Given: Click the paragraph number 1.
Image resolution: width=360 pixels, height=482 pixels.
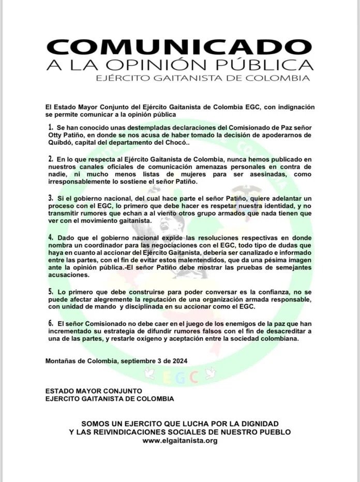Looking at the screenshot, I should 51,127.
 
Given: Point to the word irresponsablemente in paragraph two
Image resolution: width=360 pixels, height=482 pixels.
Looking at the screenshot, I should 85,183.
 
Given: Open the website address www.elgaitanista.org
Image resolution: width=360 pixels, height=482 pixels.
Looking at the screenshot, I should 179,441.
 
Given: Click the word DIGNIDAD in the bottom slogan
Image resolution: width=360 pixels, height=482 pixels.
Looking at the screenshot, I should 257,423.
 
